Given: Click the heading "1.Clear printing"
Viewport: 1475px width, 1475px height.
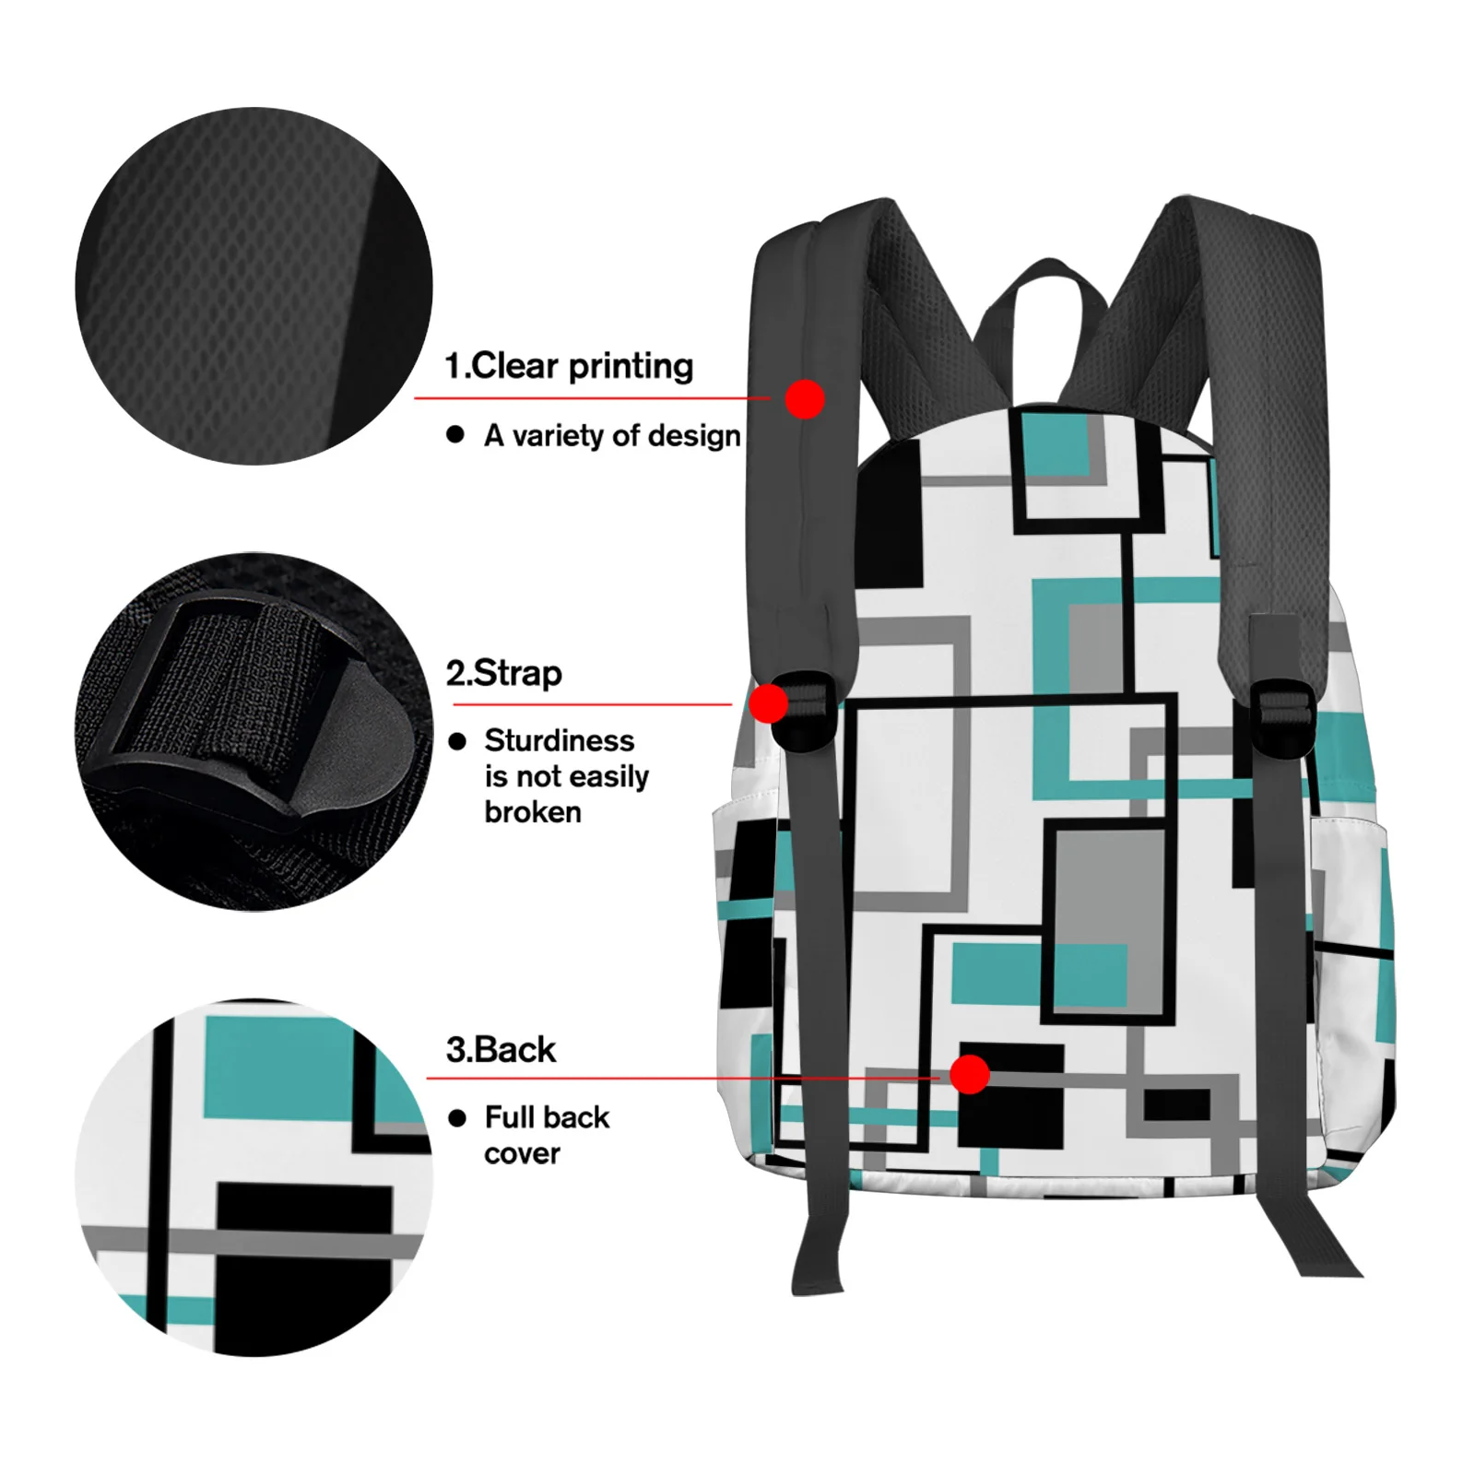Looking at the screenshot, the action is (569, 366).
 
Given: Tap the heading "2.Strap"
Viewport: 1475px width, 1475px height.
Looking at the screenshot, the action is (503, 674).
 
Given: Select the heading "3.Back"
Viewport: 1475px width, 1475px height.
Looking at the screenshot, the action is (501, 1050).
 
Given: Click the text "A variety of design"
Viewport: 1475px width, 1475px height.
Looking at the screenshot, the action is (612, 435).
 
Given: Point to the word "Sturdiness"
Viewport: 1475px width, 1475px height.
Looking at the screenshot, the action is (559, 740).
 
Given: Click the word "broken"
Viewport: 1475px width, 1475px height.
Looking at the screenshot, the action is (533, 812).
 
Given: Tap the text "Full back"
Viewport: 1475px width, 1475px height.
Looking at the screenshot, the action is (547, 1117).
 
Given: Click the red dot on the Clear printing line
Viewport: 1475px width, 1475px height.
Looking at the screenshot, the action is (805, 399).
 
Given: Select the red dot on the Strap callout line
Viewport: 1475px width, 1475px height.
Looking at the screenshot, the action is (768, 704).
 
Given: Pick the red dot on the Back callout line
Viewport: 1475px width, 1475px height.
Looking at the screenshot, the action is (969, 1074).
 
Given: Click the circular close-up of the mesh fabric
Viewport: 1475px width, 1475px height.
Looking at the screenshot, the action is (254, 286).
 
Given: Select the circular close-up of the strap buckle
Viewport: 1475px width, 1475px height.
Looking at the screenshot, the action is (254, 732).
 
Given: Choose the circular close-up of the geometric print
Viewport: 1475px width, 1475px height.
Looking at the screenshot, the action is (254, 1177).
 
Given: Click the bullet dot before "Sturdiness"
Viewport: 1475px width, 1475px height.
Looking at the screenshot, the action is (457, 741).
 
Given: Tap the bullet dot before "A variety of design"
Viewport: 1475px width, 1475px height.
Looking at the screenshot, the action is (455, 434).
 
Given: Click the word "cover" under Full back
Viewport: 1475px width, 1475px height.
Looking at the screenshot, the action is (522, 1153).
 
